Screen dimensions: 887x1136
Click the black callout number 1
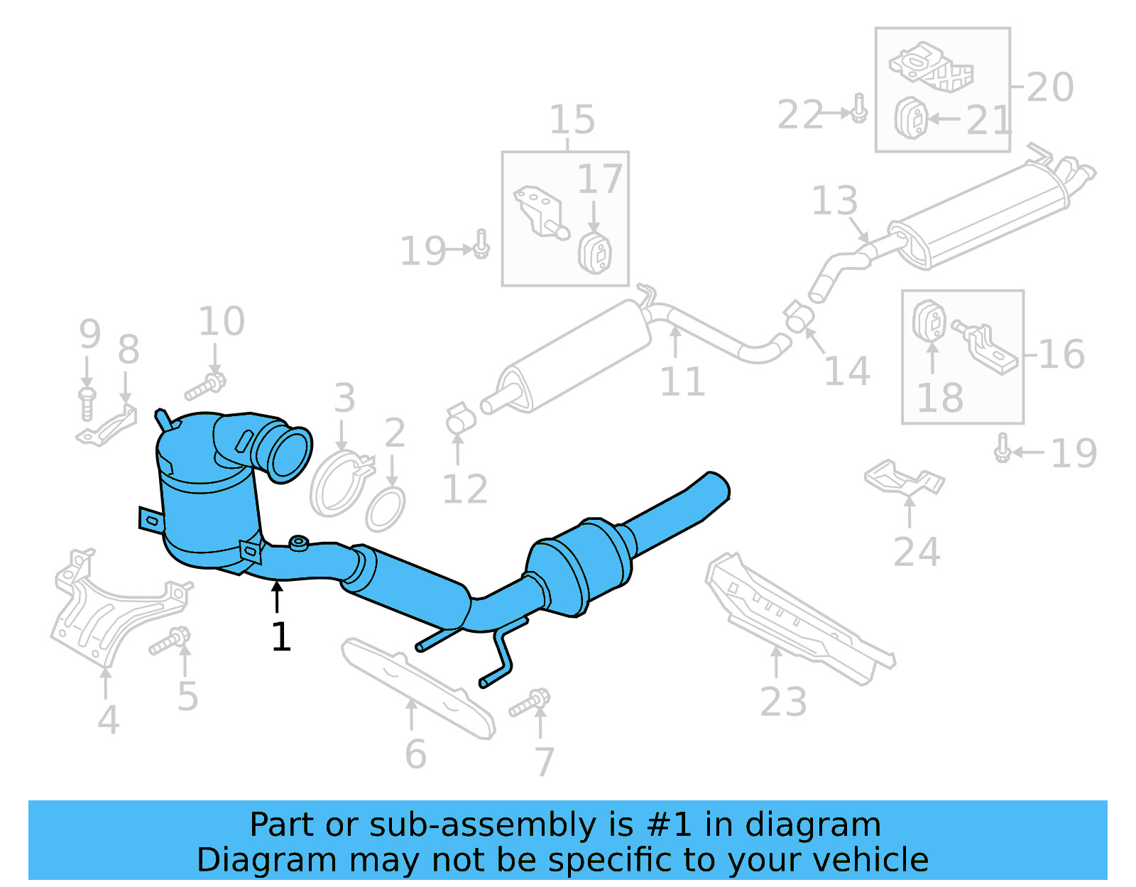click(x=281, y=637)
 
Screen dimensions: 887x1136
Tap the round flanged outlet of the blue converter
click(x=290, y=455)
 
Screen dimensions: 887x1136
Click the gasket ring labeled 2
click(x=386, y=508)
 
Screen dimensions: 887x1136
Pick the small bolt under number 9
click(x=87, y=403)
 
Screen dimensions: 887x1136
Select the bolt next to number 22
click(x=859, y=109)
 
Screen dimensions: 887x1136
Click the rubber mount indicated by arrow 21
click(x=911, y=118)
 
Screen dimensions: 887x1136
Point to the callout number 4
click(x=108, y=719)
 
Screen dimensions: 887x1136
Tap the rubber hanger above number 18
click(x=928, y=322)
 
